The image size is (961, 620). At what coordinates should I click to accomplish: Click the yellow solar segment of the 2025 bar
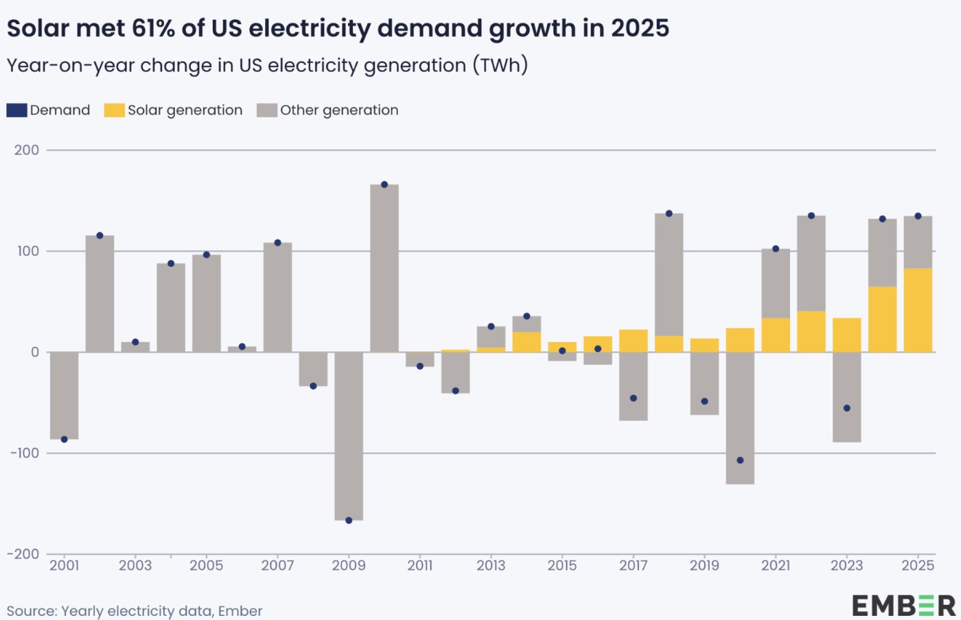pos(918,310)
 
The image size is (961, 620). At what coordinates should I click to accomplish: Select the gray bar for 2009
pos(349,436)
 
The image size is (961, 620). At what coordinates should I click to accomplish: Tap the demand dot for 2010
pos(384,184)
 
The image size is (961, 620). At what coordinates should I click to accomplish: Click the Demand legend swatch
pos(16,110)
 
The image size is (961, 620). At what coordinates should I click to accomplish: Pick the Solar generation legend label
pos(185,110)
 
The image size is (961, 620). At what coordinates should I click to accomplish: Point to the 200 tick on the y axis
pos(27,150)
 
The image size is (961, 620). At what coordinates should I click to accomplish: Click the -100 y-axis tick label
pos(25,453)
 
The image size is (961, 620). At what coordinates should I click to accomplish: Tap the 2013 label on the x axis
pos(491,566)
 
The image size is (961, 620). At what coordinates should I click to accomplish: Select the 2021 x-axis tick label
pos(776,566)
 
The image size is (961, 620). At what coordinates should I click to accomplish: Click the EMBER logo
pos(903,606)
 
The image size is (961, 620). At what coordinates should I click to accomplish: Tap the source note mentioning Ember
pos(135,610)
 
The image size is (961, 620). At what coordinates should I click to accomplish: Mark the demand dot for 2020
pos(740,460)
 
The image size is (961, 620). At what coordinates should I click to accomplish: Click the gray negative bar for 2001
pos(65,396)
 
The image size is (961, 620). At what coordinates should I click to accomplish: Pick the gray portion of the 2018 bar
pos(669,274)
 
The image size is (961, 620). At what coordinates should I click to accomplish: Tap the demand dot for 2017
pos(633,398)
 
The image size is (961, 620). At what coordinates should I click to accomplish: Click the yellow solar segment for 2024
pos(882,320)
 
